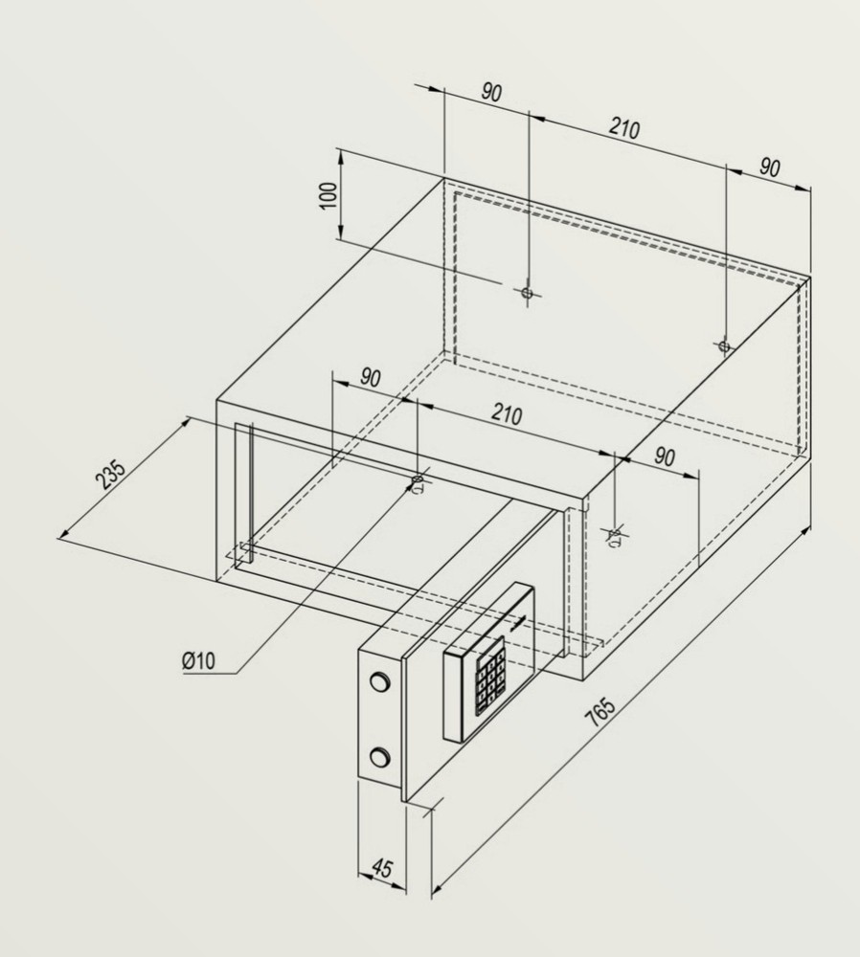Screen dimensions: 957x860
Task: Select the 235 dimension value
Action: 112,476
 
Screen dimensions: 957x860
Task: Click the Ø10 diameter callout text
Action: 200,660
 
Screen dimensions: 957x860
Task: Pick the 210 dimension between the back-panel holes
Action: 623,128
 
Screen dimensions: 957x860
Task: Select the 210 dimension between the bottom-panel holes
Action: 507,414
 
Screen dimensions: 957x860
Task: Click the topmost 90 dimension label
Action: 491,93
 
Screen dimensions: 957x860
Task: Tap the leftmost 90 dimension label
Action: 370,378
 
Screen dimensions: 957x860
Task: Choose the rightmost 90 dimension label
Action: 769,167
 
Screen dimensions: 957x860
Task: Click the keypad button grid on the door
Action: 489,680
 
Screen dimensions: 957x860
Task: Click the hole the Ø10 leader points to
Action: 417,479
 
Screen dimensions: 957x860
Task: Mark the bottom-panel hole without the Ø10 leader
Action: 615,533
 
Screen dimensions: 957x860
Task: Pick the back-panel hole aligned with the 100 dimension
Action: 526,293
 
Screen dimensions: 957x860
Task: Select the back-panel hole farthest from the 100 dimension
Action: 724,345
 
